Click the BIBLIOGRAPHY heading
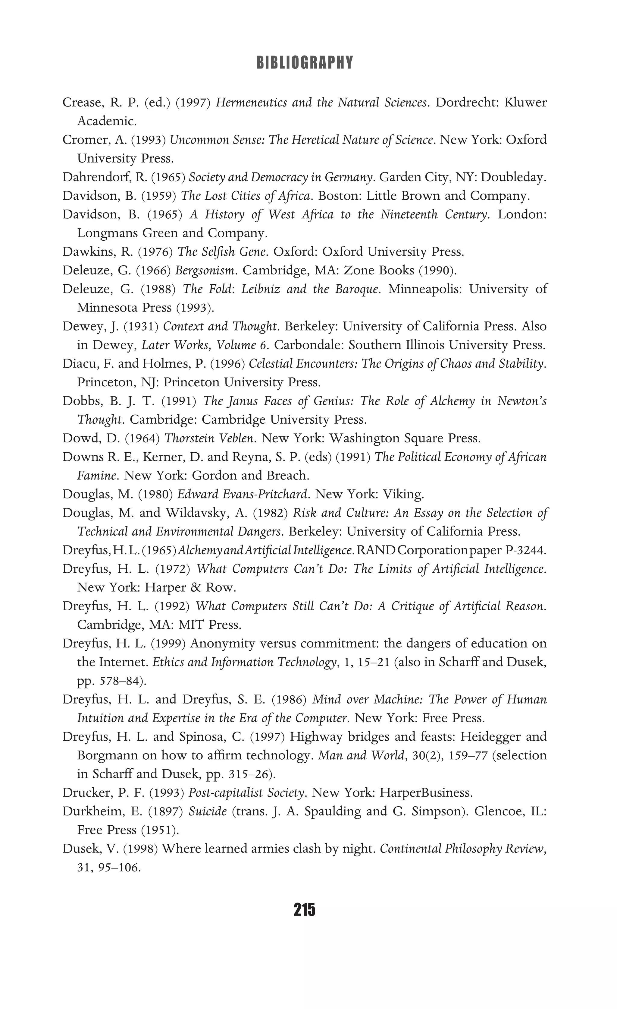304,63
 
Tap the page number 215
304,909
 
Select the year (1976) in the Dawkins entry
155,251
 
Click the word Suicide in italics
208,811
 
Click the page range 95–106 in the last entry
121,867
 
